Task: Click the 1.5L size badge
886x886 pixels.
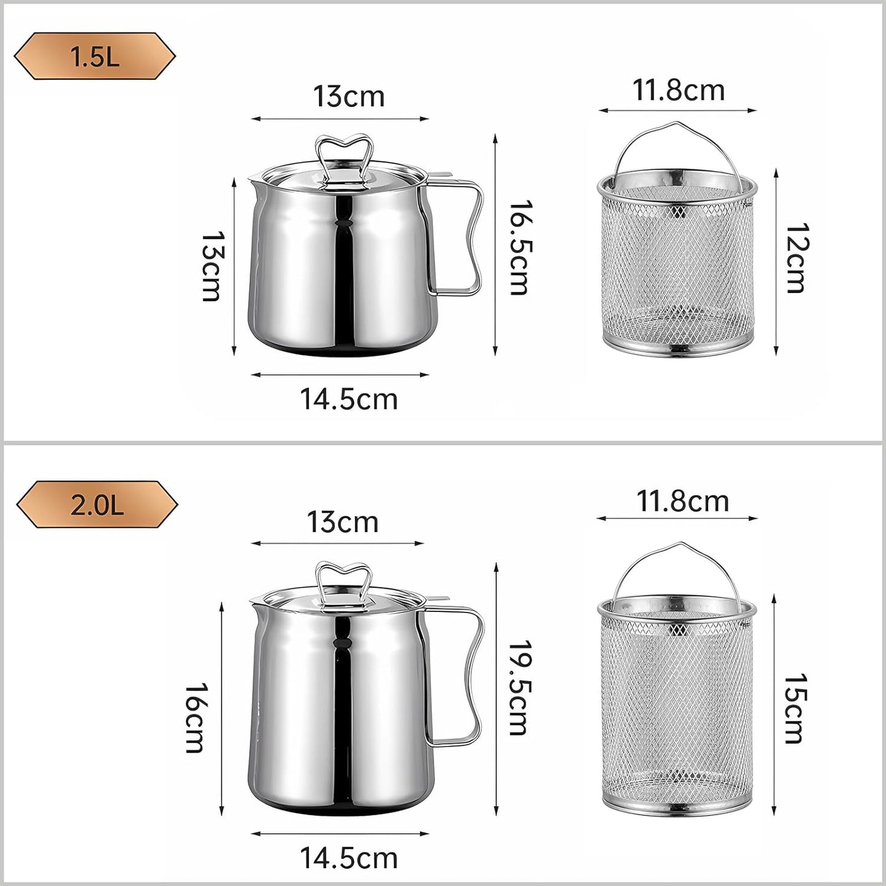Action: [x=94, y=56]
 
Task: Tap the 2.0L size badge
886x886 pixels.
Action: [x=97, y=505]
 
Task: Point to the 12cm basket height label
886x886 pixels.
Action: [x=797, y=258]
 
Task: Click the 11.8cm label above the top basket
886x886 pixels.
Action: [x=679, y=90]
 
